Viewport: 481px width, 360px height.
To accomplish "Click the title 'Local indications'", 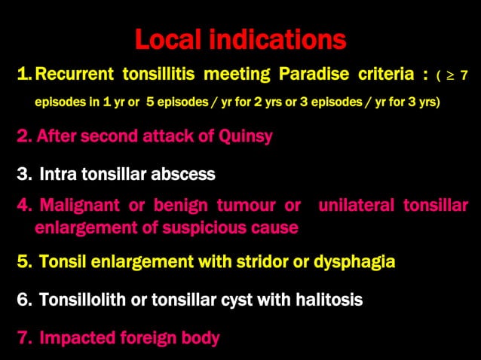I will pyautogui.click(x=240, y=39).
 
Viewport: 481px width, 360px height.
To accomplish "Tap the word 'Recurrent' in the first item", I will pyautogui.click(x=70, y=75).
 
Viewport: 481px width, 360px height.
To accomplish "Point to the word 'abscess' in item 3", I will pyautogui.click(x=185, y=175).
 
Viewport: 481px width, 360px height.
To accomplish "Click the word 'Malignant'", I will pyautogui.click(x=79, y=206).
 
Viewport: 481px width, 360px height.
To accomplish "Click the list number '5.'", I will pyautogui.click(x=23, y=262).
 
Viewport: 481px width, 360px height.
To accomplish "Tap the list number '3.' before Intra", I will pyautogui.click(x=23, y=175).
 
